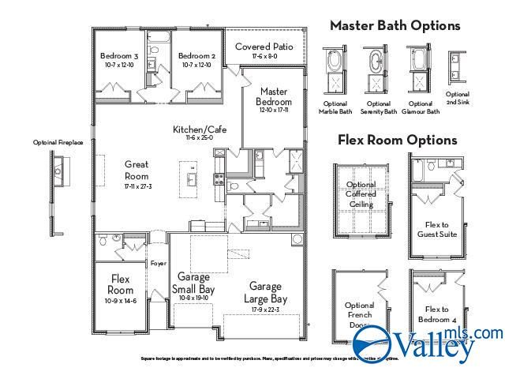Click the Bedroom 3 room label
tap(120, 56)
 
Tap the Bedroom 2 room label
tap(196, 56)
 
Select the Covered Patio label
tap(264, 47)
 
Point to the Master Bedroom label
tap(275, 97)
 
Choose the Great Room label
tap(137, 170)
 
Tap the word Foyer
tap(158, 264)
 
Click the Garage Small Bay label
tap(194, 283)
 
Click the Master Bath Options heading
tap(395, 25)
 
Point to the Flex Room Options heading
tap(397, 140)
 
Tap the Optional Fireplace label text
tap(58, 143)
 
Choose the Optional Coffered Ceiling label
tap(361, 194)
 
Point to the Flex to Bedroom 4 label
tap(436, 313)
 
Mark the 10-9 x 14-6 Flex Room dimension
tap(121, 301)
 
